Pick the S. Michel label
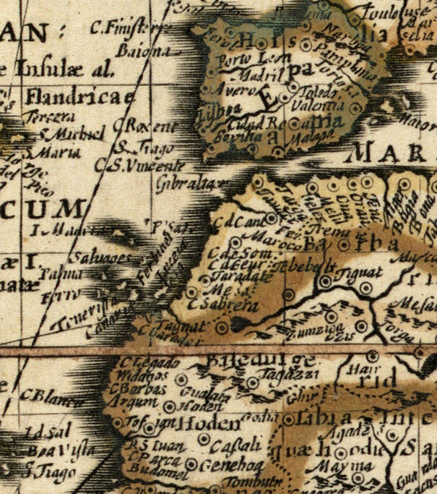66,135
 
